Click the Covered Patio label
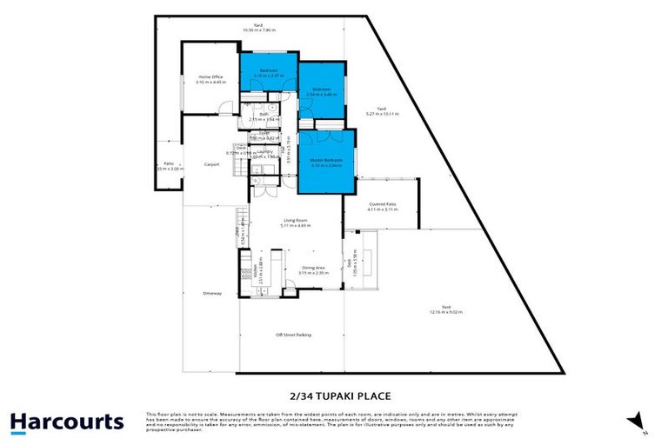coord(383,206)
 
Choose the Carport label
coord(210,163)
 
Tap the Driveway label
coord(212,293)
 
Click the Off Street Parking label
coord(293,334)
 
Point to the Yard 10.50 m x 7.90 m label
coord(258,27)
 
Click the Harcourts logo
coord(67,422)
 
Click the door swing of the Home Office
coord(225,108)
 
